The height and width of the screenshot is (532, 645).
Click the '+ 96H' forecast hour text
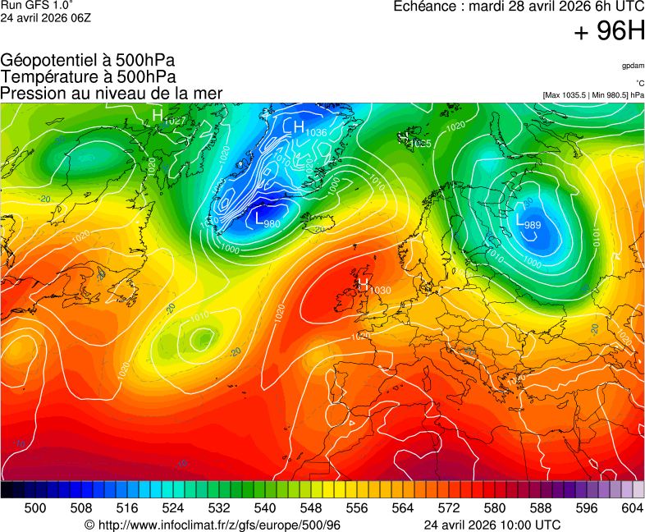coord(610,31)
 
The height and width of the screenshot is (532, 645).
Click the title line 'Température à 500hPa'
coord(88,76)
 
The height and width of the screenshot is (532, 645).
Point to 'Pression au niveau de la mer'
coord(112,93)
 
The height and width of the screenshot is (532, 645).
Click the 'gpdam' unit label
coord(632,66)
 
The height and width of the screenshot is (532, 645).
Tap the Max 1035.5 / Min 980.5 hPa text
coord(593,95)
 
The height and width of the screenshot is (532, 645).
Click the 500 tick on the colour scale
coord(34,508)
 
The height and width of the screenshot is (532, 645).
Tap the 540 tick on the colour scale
coord(265,508)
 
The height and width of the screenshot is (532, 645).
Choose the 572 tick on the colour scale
coord(448,508)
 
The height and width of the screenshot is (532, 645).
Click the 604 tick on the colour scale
coord(632,508)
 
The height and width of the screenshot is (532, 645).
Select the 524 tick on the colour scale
coord(173,508)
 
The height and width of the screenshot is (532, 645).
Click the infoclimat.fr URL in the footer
coord(212,525)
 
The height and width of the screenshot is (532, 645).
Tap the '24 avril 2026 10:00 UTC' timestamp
coord(492,525)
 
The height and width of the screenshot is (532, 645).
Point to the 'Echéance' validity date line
coord(519,7)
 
